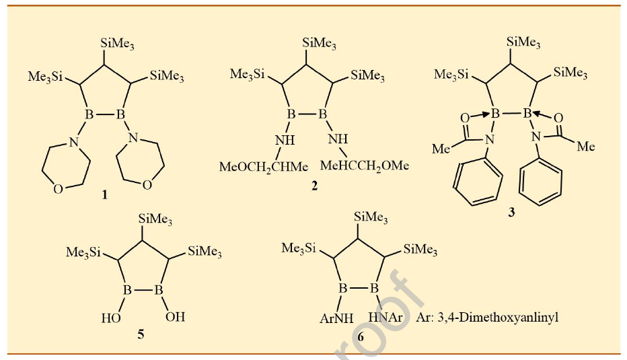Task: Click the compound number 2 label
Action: tap(314, 186)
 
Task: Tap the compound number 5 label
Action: tap(141, 334)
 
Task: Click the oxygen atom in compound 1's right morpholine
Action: tap(147, 185)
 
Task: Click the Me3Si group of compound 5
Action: tap(83, 253)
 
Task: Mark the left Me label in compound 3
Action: tap(441, 148)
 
